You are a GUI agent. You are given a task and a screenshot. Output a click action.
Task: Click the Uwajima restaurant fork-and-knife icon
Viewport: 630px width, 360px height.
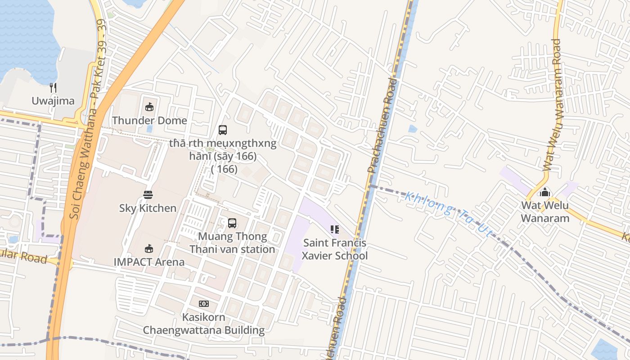tap(53, 87)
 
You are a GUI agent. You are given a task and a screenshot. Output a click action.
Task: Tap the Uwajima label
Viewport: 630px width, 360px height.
tap(53, 101)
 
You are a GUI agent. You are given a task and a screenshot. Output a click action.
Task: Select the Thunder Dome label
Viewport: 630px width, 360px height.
tap(149, 121)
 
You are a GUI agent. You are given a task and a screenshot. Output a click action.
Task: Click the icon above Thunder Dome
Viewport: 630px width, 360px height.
tap(149, 107)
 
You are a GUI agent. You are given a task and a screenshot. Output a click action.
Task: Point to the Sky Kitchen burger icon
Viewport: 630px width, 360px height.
tap(148, 195)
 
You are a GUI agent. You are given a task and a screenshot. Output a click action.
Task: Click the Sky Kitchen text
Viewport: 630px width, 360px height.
tap(148, 208)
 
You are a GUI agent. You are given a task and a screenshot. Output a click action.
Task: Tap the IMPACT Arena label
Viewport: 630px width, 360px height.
tap(149, 262)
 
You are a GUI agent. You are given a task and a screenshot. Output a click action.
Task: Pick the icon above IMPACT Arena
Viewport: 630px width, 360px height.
tap(149, 248)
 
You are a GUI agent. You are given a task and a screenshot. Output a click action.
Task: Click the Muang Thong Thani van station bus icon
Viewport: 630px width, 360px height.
tap(232, 223)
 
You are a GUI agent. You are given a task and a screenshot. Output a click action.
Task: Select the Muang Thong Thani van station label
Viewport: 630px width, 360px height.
tap(232, 243)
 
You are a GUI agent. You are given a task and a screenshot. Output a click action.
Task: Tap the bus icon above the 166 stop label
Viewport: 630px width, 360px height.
tap(223, 130)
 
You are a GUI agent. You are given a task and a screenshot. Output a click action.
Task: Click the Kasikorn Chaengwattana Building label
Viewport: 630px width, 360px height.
tap(204, 324)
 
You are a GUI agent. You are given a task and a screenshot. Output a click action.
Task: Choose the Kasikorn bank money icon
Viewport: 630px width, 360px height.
tap(204, 304)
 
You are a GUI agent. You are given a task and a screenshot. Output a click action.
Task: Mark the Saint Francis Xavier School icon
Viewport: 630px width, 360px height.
tap(334, 229)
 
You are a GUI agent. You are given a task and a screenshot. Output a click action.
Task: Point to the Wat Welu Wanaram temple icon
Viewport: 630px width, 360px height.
tap(545, 192)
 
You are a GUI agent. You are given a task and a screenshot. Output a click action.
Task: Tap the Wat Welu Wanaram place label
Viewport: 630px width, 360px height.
tap(545, 212)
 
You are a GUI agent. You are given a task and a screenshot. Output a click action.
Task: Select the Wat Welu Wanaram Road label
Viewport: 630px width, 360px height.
tap(553, 104)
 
